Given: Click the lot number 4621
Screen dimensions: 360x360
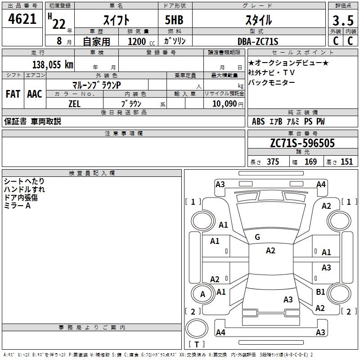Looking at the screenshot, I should [22, 20].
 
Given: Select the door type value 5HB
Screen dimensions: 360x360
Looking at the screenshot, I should [175, 20].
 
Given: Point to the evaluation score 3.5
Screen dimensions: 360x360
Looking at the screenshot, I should [342, 21].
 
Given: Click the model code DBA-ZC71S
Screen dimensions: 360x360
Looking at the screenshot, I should [257, 41].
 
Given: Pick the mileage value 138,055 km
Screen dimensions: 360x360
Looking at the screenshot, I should [53, 64].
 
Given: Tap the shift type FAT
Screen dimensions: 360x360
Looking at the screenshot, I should [13, 94].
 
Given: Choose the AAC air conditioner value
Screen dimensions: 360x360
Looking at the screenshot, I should [34, 94].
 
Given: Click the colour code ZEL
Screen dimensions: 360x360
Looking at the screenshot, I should [74, 103].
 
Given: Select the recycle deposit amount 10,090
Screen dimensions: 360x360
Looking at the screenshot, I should [222, 103].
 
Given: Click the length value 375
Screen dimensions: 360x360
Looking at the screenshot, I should [273, 162].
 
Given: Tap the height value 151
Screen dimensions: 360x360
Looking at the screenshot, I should [346, 162].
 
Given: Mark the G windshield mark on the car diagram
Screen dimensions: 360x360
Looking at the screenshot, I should [257, 237].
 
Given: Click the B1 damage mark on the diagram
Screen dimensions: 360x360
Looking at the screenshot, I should [320, 292].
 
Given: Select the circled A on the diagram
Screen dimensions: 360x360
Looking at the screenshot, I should [202, 294].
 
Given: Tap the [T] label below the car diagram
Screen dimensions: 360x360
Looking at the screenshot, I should [197, 345].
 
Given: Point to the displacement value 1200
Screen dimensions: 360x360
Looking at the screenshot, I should [137, 41].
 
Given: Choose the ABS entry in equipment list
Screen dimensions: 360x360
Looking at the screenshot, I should [258, 121].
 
